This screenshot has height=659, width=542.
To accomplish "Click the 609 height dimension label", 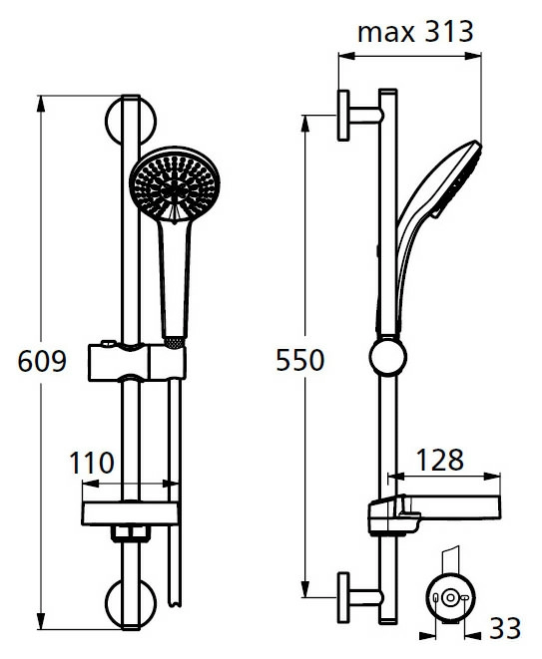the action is pos(42,361).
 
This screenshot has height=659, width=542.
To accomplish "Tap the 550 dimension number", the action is pos(300,360).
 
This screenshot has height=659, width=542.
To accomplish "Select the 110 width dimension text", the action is pos(92,463).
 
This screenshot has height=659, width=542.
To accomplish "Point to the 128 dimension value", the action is pos(440,460).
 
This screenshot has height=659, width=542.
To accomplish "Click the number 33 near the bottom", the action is pos(505,629).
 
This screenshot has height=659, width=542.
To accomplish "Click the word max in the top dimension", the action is pos(386,32).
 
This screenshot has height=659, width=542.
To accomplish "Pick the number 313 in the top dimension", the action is pos(449,32).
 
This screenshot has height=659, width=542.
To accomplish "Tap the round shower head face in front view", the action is pos(175,183).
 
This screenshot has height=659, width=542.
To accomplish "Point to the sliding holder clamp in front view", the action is pos(137,362).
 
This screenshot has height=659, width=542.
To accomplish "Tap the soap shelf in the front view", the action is pos(131,513).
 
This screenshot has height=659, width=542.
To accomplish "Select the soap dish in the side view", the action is pos(434,514).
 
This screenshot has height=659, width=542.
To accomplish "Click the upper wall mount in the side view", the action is pos(359,116).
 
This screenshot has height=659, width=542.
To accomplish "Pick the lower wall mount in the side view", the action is pos(359,597).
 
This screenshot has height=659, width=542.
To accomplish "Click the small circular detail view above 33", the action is pos(450,597).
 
